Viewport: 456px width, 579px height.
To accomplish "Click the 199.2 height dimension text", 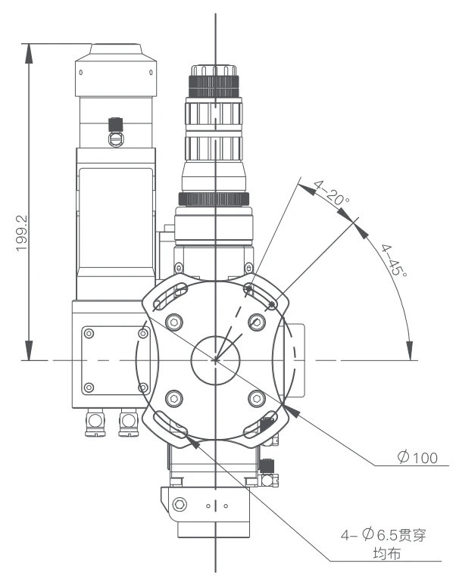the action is coord(22,233).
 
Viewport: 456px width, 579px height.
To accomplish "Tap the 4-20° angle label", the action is coord(332,193).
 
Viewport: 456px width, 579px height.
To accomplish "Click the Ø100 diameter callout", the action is coord(417,457).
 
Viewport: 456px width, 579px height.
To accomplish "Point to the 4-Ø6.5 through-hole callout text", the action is coord(383,534).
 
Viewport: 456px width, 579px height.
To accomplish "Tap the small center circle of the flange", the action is coord(215,360).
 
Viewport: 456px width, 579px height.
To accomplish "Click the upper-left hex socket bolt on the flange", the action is coord(174,322).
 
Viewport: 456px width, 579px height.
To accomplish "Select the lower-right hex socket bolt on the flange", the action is coord(257,398).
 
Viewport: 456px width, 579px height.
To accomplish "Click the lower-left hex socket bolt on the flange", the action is coord(174,398).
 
